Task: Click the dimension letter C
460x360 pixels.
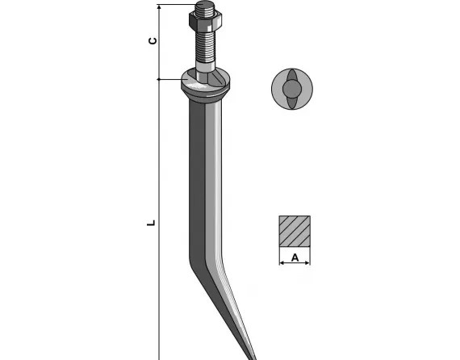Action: pyautogui.click(x=153, y=41)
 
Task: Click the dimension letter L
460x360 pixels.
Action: pyautogui.click(x=151, y=223)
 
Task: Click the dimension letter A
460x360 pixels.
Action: pyautogui.click(x=295, y=258)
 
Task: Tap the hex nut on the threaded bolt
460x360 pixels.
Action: pyautogui.click(x=205, y=22)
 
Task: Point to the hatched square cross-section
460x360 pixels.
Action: pyautogui.click(x=295, y=231)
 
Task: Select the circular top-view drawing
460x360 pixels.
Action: pyautogui.click(x=292, y=89)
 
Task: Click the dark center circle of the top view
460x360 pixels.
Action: pyautogui.click(x=292, y=89)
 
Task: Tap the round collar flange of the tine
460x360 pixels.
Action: pyautogui.click(x=205, y=85)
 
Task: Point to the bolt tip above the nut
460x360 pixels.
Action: pyautogui.click(x=205, y=6)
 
